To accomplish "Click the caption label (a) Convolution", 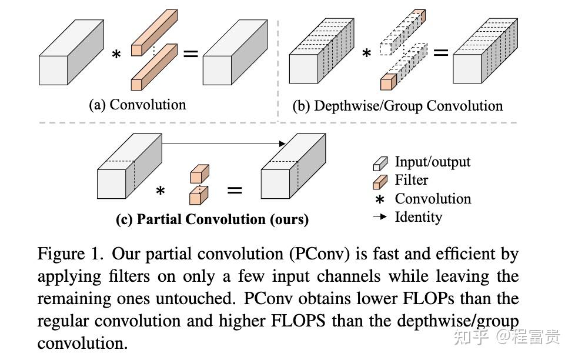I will coord(137,105).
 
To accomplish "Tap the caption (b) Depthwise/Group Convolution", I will coord(397,106).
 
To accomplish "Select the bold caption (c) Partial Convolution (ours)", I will coord(212,219).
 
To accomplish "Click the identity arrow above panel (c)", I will coord(223,143).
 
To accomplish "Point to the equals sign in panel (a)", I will coord(190,54).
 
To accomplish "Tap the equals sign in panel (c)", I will coord(235,190).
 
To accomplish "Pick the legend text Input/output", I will coord(432,162).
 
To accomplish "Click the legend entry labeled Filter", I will coord(411,180).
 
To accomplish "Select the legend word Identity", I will coord(418,216).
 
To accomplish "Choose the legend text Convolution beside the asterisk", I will coord(433,199).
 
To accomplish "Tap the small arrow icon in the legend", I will coord(380,217).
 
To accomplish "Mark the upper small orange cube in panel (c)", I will coord(199,174).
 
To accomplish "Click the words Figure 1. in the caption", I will coord(71,254).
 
